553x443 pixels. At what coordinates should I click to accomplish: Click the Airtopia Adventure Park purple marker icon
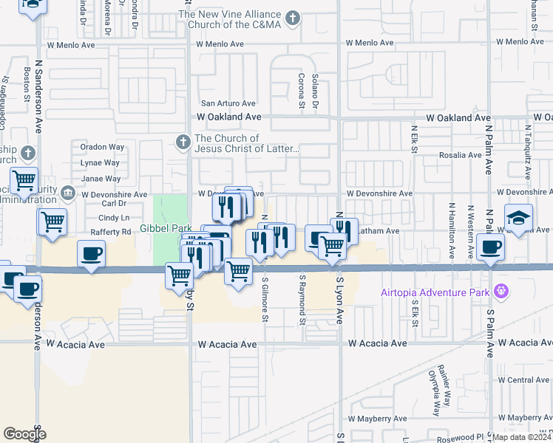pos(502,291)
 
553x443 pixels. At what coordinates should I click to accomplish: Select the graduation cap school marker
pos(518,218)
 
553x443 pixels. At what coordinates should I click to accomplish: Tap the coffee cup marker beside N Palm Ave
pos(490,247)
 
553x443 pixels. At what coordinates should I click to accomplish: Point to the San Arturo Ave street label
pos(229,104)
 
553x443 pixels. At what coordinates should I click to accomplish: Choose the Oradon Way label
pos(102,147)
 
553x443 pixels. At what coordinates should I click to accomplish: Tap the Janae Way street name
pos(101,179)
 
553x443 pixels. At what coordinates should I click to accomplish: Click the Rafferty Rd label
pos(110,233)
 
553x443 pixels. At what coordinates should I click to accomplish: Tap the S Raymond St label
pos(302,301)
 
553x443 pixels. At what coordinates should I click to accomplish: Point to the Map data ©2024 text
pos(522,437)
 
